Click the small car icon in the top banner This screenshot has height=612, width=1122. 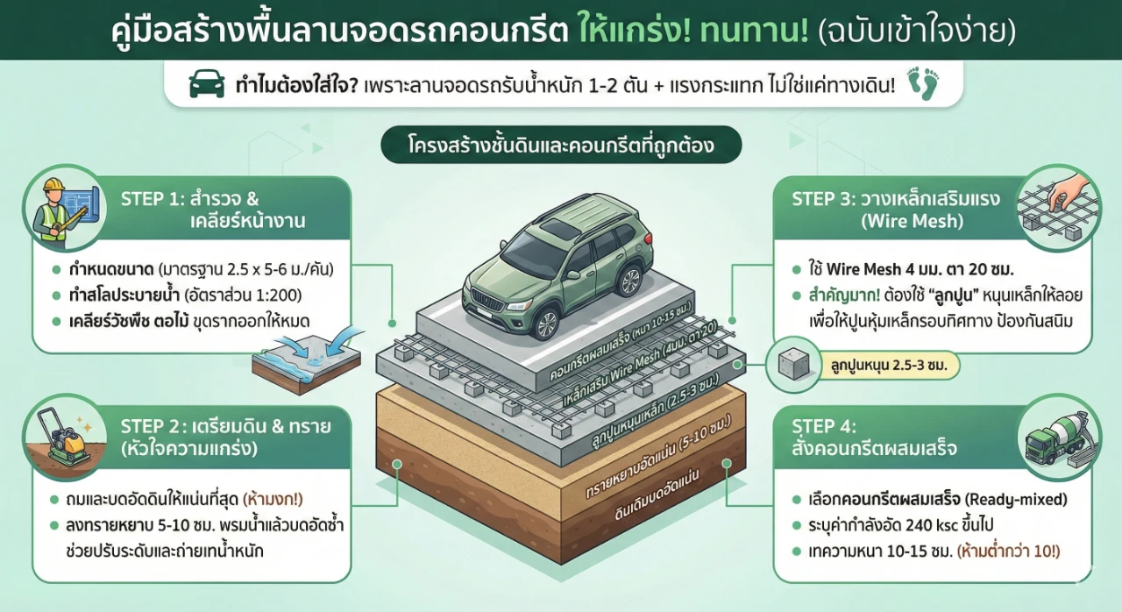207,85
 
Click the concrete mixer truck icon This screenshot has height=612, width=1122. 1059,435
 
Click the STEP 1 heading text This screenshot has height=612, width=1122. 212,209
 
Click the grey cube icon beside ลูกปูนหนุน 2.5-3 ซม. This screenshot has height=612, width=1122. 794,364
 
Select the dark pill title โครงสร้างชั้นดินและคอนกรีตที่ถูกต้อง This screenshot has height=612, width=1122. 561,146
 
